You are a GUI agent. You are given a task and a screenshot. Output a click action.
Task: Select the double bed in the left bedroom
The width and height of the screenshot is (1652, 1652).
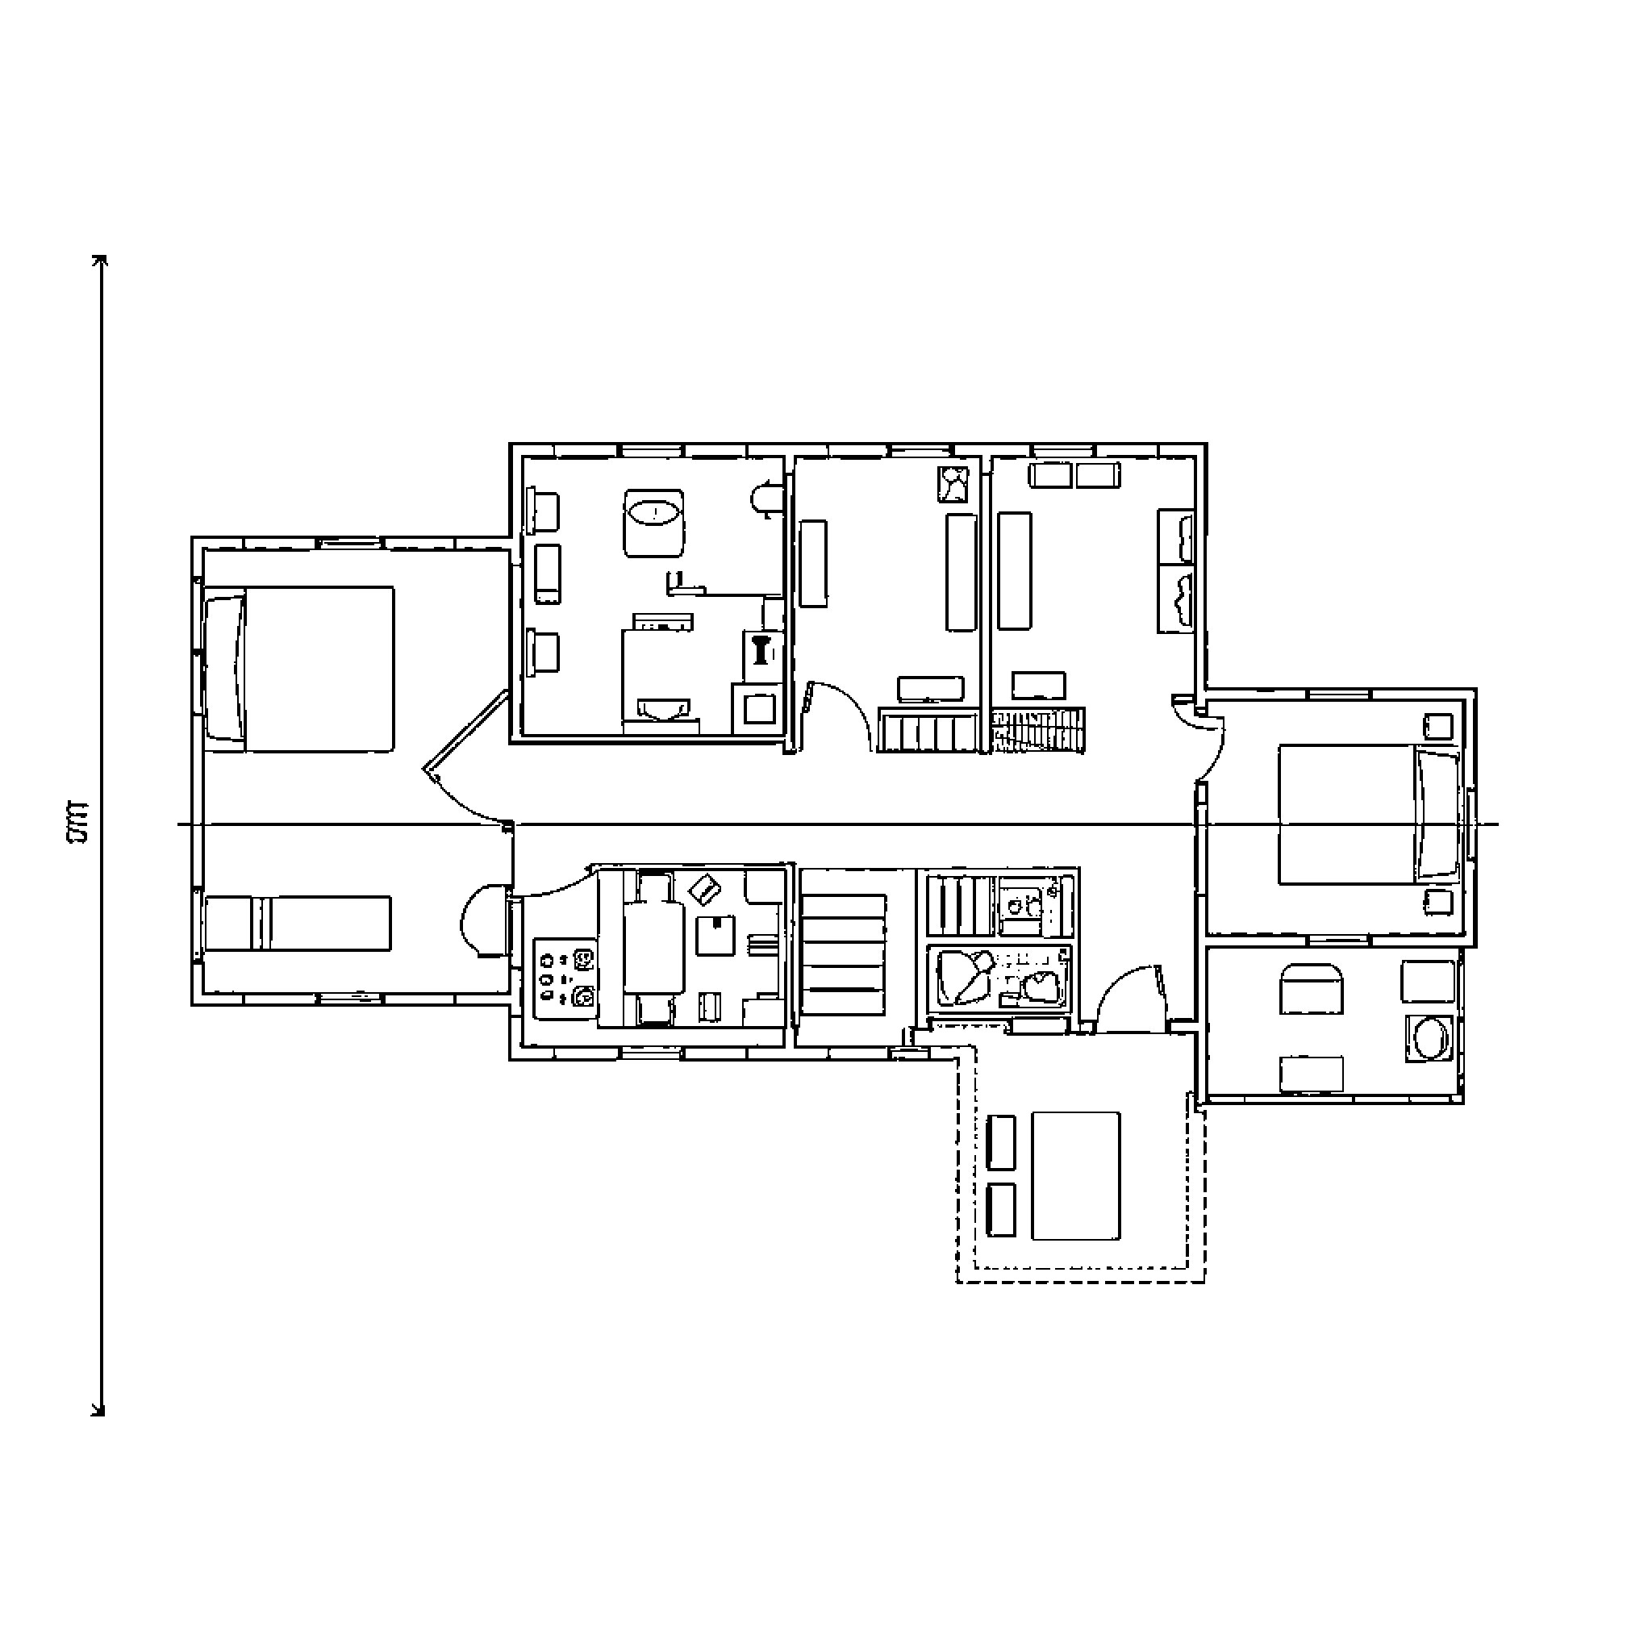pos(299,669)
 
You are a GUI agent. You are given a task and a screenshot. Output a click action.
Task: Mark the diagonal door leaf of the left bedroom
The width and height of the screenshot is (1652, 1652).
pos(466,730)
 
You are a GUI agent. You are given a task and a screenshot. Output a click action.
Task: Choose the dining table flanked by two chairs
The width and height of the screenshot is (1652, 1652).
pos(654,948)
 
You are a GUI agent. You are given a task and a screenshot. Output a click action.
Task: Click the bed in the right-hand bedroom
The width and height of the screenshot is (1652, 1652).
pos(1368,814)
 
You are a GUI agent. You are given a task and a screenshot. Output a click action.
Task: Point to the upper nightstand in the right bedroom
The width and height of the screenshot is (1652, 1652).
pos(1438,727)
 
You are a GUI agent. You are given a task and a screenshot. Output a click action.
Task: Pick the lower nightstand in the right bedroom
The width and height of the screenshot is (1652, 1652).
pos(1438,901)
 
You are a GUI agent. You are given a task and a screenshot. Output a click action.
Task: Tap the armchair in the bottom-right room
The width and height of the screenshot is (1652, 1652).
pos(1311,988)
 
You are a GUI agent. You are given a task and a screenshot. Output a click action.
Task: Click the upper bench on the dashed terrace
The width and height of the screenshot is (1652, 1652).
pos(1001,1142)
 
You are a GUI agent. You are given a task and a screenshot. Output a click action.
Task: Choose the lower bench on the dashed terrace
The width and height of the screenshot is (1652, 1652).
pos(1001,1210)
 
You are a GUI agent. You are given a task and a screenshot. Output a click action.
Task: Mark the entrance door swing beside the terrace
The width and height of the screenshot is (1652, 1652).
pos(1128,996)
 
